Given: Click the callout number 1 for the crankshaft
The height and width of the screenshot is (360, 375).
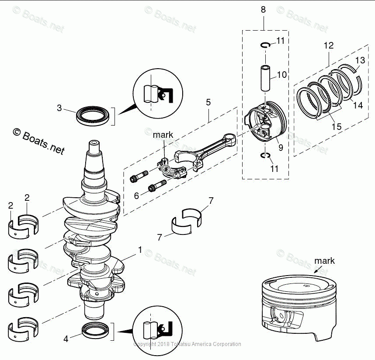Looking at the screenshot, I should click(140, 250).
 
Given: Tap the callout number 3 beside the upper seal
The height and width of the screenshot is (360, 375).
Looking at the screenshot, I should click(59, 108).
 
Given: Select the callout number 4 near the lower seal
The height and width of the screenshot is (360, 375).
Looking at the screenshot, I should click(66, 338).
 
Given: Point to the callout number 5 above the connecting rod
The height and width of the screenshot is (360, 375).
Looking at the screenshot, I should click(208, 102).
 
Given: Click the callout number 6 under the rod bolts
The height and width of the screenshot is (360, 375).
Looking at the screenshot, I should click(136, 196).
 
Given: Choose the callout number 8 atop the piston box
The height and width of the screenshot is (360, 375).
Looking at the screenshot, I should click(263, 9).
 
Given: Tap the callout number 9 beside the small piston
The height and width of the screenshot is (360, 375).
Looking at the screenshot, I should click(281, 148).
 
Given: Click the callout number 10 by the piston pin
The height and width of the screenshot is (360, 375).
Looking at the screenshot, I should click(282, 75).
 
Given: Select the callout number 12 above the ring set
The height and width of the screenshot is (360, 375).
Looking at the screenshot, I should click(329, 45).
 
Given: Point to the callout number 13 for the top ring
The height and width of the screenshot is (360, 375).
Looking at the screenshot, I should click(360, 60).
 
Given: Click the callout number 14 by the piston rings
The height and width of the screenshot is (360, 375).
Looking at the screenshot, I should click(358, 105).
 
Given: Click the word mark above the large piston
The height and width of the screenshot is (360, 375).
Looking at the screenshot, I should click(324, 261).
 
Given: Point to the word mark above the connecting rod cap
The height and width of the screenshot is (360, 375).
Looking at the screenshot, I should click(163, 135).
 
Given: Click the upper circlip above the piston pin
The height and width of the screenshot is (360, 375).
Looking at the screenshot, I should click(265, 45).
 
